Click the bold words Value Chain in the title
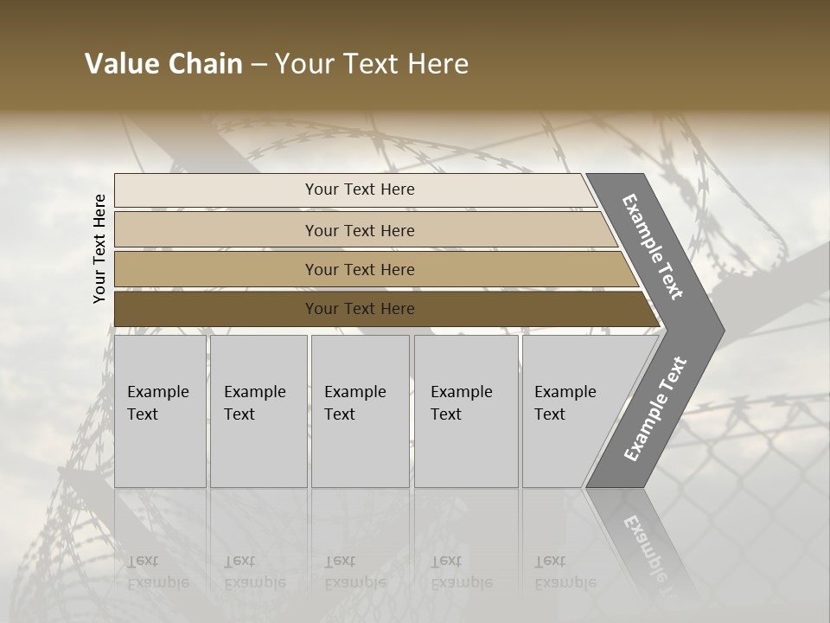pos(163,64)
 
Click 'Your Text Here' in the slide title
pos(372,64)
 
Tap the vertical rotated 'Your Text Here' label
pos(99,248)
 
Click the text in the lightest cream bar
pos(360,189)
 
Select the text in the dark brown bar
pos(360,309)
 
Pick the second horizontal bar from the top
pos(360,230)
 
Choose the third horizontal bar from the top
pos(360,270)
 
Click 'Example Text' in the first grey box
pos(157,402)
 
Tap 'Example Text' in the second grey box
pos(254,402)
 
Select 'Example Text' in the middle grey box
pos(354,402)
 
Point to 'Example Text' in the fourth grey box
pos(461,402)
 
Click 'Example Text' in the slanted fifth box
pos(565,402)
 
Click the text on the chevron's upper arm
pos(653,247)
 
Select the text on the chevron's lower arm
pos(655,409)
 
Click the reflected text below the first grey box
pos(157,572)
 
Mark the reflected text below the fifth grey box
pos(565,572)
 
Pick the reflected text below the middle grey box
pos(354,572)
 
